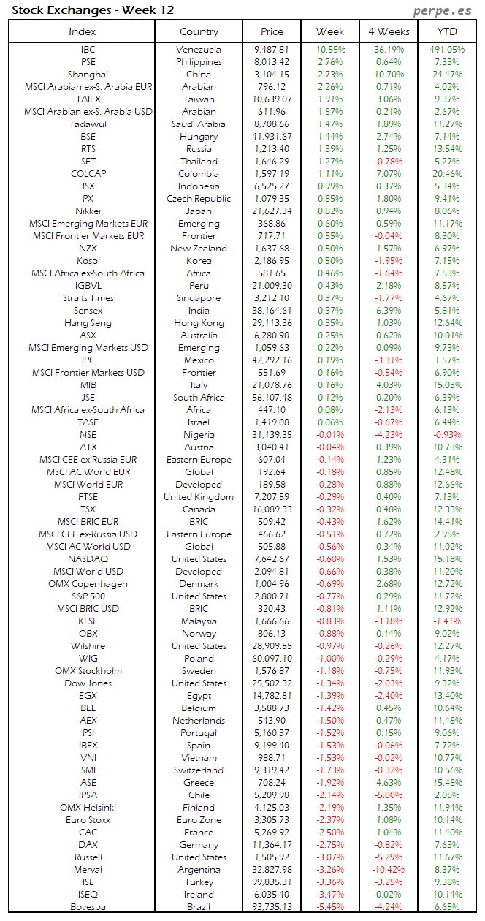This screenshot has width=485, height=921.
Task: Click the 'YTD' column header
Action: pyautogui.click(x=447, y=31)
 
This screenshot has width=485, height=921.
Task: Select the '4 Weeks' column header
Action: pyautogui.click(x=389, y=31)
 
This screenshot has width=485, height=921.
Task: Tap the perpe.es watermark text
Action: pyautogui.click(x=442, y=10)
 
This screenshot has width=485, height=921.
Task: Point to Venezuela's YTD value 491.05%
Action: pyautogui.click(x=447, y=50)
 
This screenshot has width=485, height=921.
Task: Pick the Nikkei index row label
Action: pyautogui.click(x=88, y=211)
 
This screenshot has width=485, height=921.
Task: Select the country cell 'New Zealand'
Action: pyautogui.click(x=199, y=249)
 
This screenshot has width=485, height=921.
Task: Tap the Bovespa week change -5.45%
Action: pyautogui.click(x=330, y=907)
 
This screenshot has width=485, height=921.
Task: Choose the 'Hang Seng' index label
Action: pyautogui.click(x=88, y=323)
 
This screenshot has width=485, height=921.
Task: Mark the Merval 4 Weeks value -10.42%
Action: pyautogui.click(x=389, y=870)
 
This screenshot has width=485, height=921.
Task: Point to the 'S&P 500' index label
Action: pyautogui.click(x=88, y=596)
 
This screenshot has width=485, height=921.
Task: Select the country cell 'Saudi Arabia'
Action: pyautogui.click(x=199, y=124)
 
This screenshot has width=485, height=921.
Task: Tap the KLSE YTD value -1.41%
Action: pyautogui.click(x=447, y=621)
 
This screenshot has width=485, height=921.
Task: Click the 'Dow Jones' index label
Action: pyautogui.click(x=88, y=683)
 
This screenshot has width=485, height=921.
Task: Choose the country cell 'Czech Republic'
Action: pyautogui.click(x=199, y=199)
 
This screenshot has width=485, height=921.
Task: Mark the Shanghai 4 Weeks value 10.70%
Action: pyautogui.click(x=389, y=75)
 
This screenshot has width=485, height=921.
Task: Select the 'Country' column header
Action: pyautogui.click(x=199, y=31)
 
